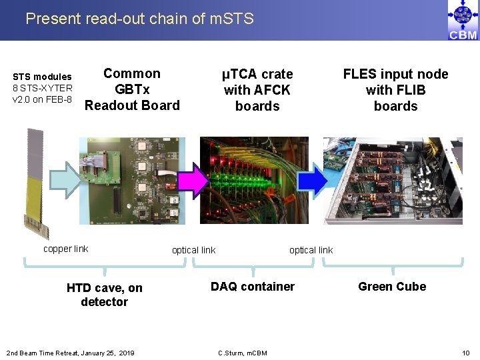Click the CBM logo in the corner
(463, 21)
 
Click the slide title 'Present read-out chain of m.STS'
(139, 19)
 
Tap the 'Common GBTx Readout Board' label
(132, 89)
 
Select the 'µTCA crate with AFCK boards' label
(257, 90)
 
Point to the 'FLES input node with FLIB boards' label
(395, 90)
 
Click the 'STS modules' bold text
(43, 77)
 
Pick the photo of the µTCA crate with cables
(254, 180)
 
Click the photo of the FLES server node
(393, 180)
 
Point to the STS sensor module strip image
(35, 180)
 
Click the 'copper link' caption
(65, 249)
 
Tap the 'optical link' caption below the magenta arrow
(193, 250)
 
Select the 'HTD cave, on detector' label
(105, 295)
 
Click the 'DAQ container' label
(253, 287)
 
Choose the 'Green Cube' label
(392, 287)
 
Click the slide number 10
(465, 352)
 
